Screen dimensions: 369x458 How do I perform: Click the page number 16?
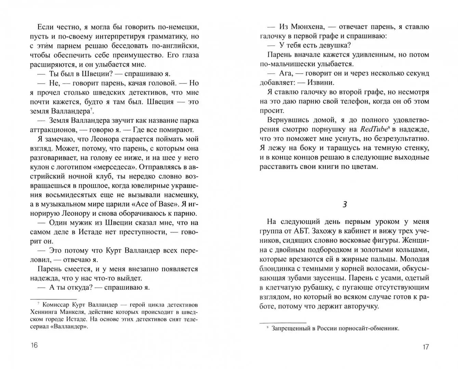(34, 345)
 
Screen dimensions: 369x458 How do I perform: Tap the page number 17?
(425, 347)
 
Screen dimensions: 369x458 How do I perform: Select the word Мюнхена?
(300, 27)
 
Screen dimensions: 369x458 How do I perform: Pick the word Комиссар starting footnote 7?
(55, 305)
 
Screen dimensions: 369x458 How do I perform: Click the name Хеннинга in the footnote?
(44, 312)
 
